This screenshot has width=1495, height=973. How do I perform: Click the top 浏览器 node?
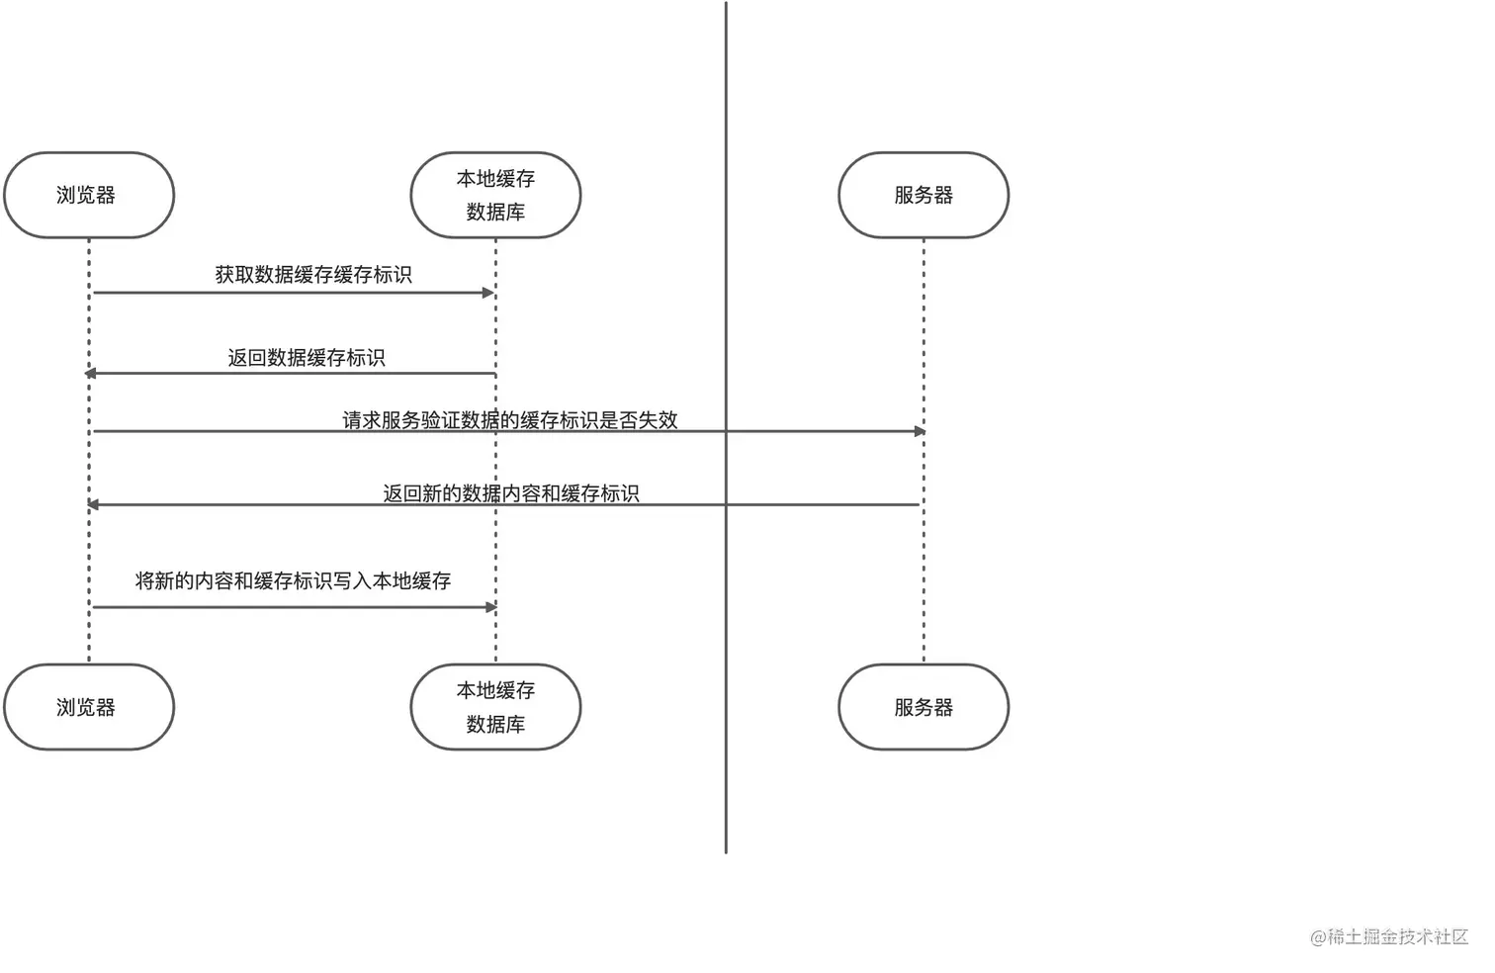(x=89, y=195)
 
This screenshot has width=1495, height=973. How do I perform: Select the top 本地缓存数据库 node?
(x=495, y=195)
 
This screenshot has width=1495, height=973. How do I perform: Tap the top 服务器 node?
(x=923, y=195)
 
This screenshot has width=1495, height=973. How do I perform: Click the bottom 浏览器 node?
(x=89, y=707)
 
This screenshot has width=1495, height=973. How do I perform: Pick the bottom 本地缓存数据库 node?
(x=495, y=707)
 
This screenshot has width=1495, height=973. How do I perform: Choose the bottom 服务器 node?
(x=923, y=707)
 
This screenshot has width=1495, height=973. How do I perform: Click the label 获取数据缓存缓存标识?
(x=313, y=275)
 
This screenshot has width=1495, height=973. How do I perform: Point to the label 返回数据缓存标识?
(x=307, y=358)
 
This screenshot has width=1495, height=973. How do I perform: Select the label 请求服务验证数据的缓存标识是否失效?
(x=510, y=420)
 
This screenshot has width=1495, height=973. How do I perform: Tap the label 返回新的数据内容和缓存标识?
(x=511, y=493)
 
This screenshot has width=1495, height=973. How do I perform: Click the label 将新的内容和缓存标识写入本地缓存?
(x=293, y=581)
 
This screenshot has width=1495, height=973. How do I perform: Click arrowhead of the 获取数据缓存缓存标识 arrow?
(x=487, y=293)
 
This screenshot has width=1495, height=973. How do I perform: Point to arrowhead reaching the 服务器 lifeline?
(x=920, y=431)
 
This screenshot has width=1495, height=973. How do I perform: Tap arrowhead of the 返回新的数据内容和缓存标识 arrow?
(x=93, y=504)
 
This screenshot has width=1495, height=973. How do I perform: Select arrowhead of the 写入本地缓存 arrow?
(x=490, y=607)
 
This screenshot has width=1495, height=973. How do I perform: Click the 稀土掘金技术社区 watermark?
(x=1389, y=936)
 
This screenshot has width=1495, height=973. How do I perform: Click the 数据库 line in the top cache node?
(x=495, y=212)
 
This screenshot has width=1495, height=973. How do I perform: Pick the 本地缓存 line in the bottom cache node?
(x=495, y=690)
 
